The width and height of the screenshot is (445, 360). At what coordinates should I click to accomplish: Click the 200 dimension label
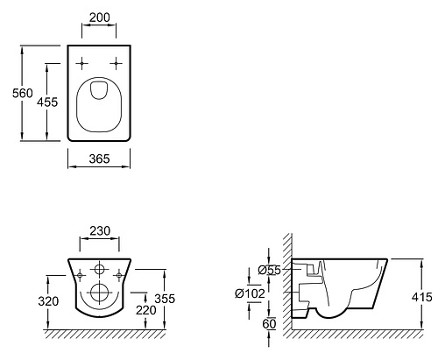100,18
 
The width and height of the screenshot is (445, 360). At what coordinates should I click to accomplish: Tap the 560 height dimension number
23,93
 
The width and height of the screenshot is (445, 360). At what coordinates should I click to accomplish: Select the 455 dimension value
47,102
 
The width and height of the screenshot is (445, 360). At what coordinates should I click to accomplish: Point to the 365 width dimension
99,159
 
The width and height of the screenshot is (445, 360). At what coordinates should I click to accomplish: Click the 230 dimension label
100,231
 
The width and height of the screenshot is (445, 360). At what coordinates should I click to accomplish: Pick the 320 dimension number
48,301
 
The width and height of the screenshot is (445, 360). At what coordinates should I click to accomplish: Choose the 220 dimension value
146,310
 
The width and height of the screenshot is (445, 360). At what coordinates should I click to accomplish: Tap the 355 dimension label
165,299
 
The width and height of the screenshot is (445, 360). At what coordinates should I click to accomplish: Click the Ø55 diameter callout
269,271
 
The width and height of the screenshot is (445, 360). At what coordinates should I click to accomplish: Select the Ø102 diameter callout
250,293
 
